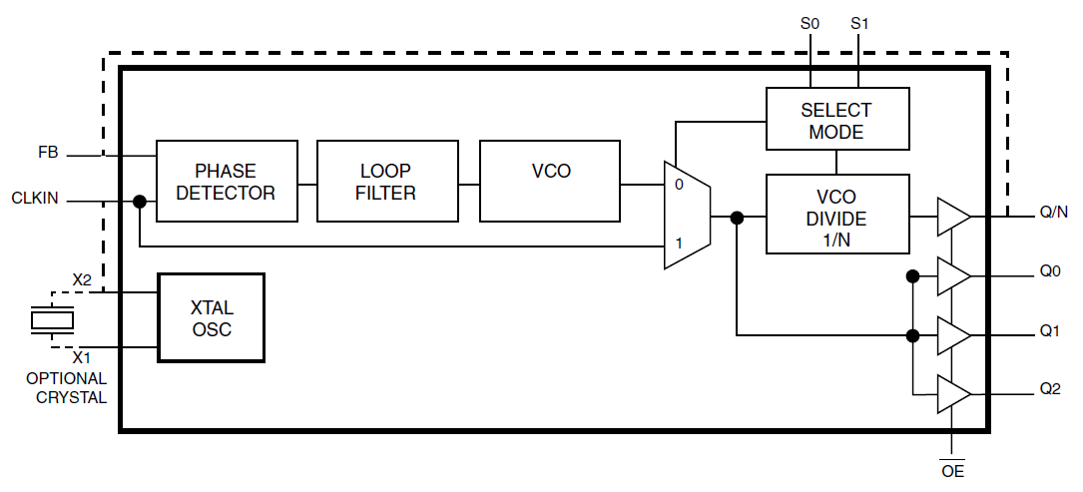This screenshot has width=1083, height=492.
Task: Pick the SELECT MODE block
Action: click(836, 120)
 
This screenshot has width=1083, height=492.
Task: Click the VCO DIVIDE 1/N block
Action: click(836, 214)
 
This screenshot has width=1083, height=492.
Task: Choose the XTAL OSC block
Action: click(212, 317)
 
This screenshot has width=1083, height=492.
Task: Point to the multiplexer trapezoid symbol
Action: click(687, 215)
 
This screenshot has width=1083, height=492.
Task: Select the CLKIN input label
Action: click(35, 199)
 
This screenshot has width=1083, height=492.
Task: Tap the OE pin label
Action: click(952, 470)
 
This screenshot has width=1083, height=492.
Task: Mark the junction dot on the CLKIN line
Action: click(140, 202)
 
